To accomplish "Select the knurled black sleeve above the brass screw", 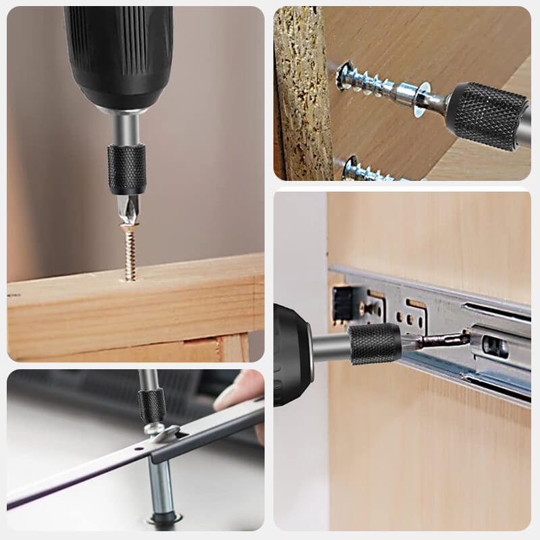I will coord(127,168).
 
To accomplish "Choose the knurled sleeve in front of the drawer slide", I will coord(375,343).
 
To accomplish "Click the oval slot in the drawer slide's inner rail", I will coord(497,346).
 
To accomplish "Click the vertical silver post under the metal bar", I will coord(160,486).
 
